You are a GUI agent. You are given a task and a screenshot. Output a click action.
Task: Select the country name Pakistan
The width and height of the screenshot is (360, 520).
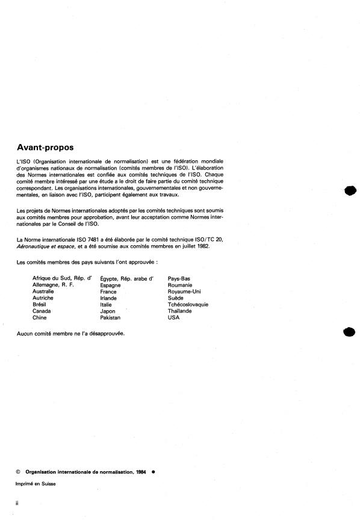111,318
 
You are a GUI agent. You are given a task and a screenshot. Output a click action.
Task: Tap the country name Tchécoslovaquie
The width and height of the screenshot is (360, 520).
188,304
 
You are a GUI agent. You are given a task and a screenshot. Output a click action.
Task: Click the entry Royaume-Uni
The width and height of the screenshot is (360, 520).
184,291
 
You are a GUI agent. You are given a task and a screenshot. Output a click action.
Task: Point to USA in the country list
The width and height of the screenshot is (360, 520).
174,318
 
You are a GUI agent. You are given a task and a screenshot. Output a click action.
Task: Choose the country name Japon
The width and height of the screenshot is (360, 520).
108,311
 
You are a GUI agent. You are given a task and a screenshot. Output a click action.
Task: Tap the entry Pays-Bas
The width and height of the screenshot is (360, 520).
179,278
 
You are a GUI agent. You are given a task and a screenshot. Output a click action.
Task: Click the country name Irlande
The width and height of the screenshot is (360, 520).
109,298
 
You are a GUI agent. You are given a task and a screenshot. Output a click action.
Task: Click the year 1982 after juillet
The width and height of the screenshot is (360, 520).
202,246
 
